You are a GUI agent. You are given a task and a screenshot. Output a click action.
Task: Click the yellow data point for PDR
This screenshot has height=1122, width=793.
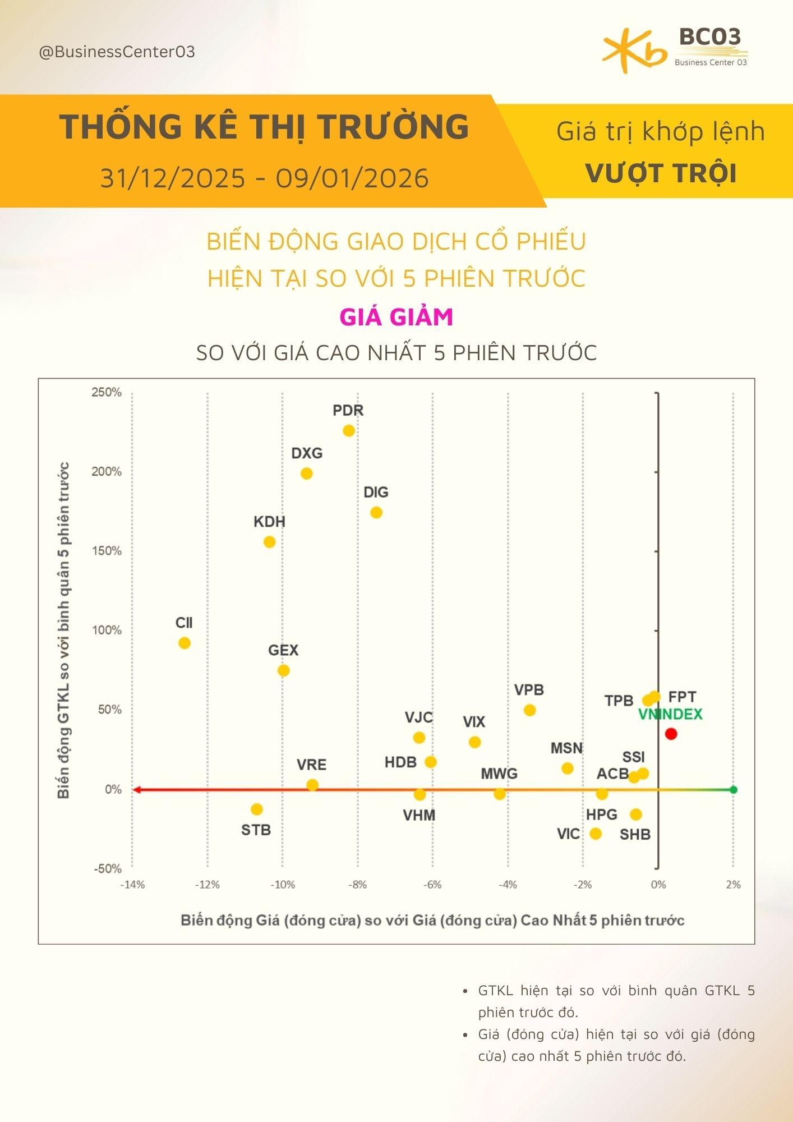pos(349,431)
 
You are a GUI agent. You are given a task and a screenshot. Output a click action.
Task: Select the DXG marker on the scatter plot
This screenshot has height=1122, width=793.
pos(307,473)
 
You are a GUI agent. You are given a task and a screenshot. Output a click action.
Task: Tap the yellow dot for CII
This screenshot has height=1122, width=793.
pos(185,643)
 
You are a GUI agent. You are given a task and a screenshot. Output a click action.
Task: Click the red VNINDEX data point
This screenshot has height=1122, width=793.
pos(671,734)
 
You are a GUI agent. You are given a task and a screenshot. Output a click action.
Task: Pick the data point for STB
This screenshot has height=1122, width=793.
pos(257,809)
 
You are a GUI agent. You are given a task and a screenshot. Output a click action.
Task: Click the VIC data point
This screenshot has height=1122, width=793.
pos(596,834)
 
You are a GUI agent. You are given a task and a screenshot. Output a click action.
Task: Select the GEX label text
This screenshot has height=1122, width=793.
pos(283,650)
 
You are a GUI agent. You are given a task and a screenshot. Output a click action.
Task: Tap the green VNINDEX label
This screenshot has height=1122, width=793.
pos(670,714)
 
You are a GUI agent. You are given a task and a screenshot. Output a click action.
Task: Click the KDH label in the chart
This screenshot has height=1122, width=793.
pos(269,522)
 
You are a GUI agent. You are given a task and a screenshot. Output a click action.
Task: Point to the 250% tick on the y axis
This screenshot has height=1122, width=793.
pos(107,392)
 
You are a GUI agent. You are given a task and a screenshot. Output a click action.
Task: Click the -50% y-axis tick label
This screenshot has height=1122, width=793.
pos(107,869)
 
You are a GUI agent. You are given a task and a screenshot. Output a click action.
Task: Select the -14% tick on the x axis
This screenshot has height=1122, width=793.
pos(132,885)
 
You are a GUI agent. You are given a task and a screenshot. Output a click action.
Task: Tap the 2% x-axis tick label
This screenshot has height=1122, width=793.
pos(733,885)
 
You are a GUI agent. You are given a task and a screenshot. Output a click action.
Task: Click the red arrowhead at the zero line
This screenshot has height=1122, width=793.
pos(136,790)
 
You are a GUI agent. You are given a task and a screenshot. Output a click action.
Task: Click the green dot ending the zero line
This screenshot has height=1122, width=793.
pos(734,790)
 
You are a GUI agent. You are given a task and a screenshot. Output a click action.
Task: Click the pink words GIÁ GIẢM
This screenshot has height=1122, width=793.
pos(396,317)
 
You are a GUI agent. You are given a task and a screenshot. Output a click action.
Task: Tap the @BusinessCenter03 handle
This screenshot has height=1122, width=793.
pos(117,52)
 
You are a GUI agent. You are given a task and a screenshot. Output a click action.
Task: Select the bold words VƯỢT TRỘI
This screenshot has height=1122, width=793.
pos(661,173)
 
